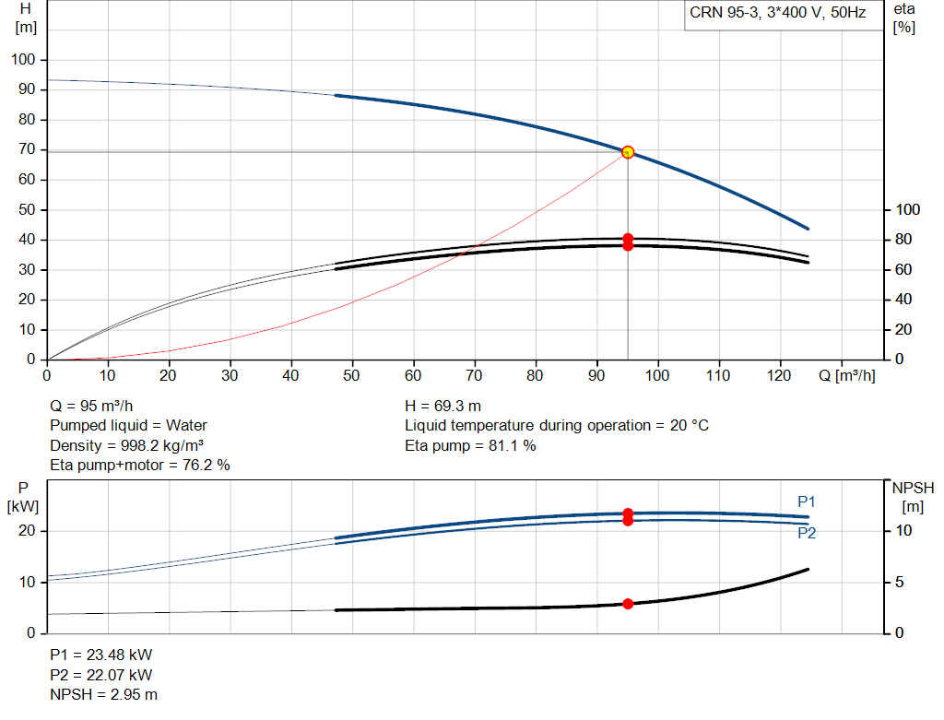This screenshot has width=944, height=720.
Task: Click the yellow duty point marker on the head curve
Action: coord(628,152)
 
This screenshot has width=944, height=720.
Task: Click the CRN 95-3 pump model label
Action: coord(778,13)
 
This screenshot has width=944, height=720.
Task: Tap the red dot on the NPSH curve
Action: coord(628,604)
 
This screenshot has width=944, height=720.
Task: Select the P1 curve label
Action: coord(806,502)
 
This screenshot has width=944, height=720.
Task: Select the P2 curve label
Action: coord(807,533)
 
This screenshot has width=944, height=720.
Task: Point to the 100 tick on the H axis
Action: coord(23,60)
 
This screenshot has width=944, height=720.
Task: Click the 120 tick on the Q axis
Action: coord(779,375)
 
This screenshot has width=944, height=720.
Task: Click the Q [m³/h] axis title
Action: coord(847,375)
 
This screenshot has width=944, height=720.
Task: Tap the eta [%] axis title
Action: coord(903,18)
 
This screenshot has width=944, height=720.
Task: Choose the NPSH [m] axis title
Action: coord(913,497)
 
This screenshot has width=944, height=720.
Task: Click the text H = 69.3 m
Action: coord(443,407)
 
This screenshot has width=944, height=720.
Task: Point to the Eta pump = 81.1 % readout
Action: coord(470,446)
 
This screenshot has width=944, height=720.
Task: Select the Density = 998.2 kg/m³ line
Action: coord(126,446)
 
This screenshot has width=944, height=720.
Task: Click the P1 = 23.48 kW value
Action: coord(101,655)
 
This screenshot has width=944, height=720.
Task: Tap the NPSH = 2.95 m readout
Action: coord(103,695)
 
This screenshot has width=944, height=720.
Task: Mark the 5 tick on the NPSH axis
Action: coord(899,582)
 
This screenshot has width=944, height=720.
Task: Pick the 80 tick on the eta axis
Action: coord(903,240)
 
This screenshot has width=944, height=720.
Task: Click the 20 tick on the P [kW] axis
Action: coord(27,531)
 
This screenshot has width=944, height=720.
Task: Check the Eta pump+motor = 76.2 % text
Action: coord(140,466)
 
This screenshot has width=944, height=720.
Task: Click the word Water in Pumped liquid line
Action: coord(186,426)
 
